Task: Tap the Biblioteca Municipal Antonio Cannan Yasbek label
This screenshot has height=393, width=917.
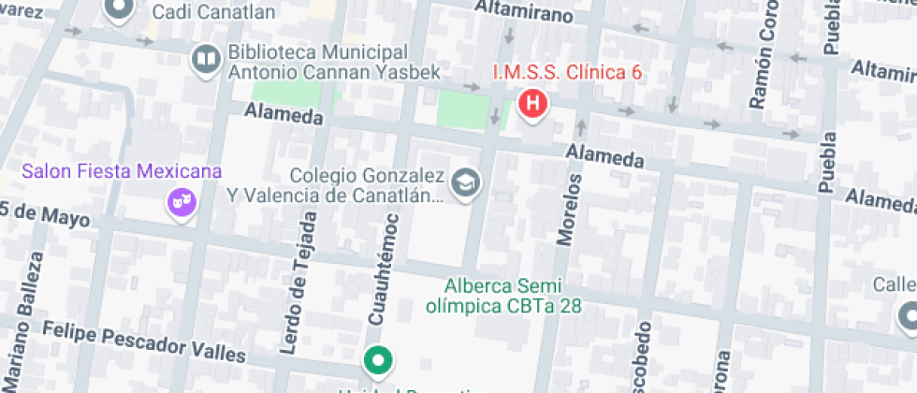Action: [x=319, y=61]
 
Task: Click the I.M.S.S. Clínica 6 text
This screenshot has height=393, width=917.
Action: [x=567, y=72]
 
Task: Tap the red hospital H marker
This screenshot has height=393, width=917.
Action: [x=532, y=104]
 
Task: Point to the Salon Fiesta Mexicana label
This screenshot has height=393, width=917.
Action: [x=123, y=171]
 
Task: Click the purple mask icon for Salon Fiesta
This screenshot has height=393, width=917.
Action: [x=180, y=200]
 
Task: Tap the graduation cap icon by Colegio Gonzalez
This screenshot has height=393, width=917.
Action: [x=464, y=183]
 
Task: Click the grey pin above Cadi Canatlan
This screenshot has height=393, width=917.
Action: [x=119, y=9]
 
